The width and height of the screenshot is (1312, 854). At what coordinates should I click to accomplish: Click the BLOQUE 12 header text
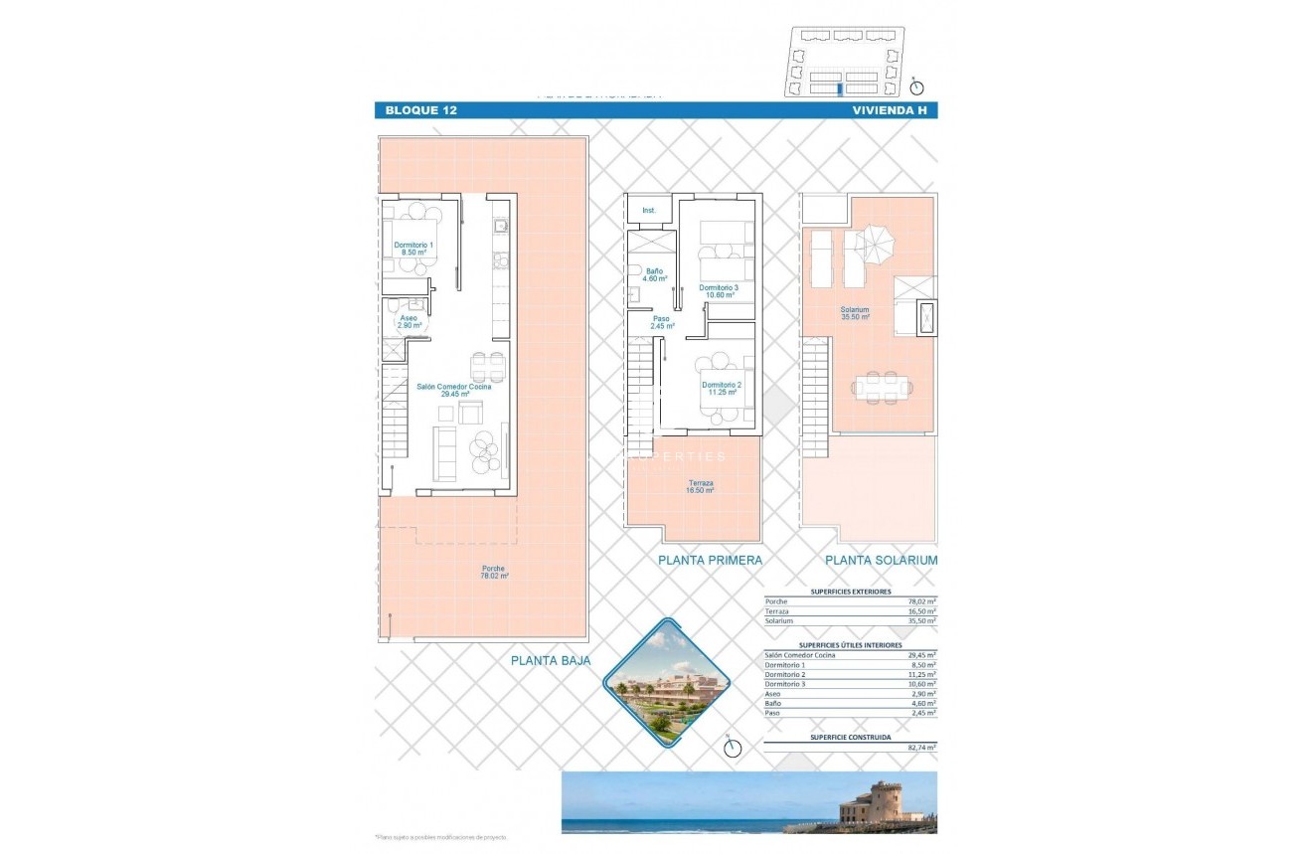coord(421,110)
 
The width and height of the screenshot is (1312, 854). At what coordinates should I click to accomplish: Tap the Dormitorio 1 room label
coord(413,249)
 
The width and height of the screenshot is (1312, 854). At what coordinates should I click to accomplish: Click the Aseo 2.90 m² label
coord(409,321)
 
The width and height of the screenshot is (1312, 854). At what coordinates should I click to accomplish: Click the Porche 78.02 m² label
coord(493,572)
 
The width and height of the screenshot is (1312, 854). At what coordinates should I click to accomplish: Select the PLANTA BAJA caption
coord(550,660)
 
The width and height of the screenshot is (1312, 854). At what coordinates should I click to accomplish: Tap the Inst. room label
coord(649,211)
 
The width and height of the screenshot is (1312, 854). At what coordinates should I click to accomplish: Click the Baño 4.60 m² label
coord(654,274)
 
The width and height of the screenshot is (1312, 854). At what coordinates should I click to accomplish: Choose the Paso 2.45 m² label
coord(662,322)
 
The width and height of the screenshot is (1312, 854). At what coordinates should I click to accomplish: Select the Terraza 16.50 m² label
coord(701,486)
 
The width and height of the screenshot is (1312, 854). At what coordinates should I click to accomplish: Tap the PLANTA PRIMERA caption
coord(710,561)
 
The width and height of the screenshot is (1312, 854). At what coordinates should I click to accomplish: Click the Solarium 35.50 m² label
coord(854,313)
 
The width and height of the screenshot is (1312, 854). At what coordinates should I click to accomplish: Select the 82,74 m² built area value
coord(920,747)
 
